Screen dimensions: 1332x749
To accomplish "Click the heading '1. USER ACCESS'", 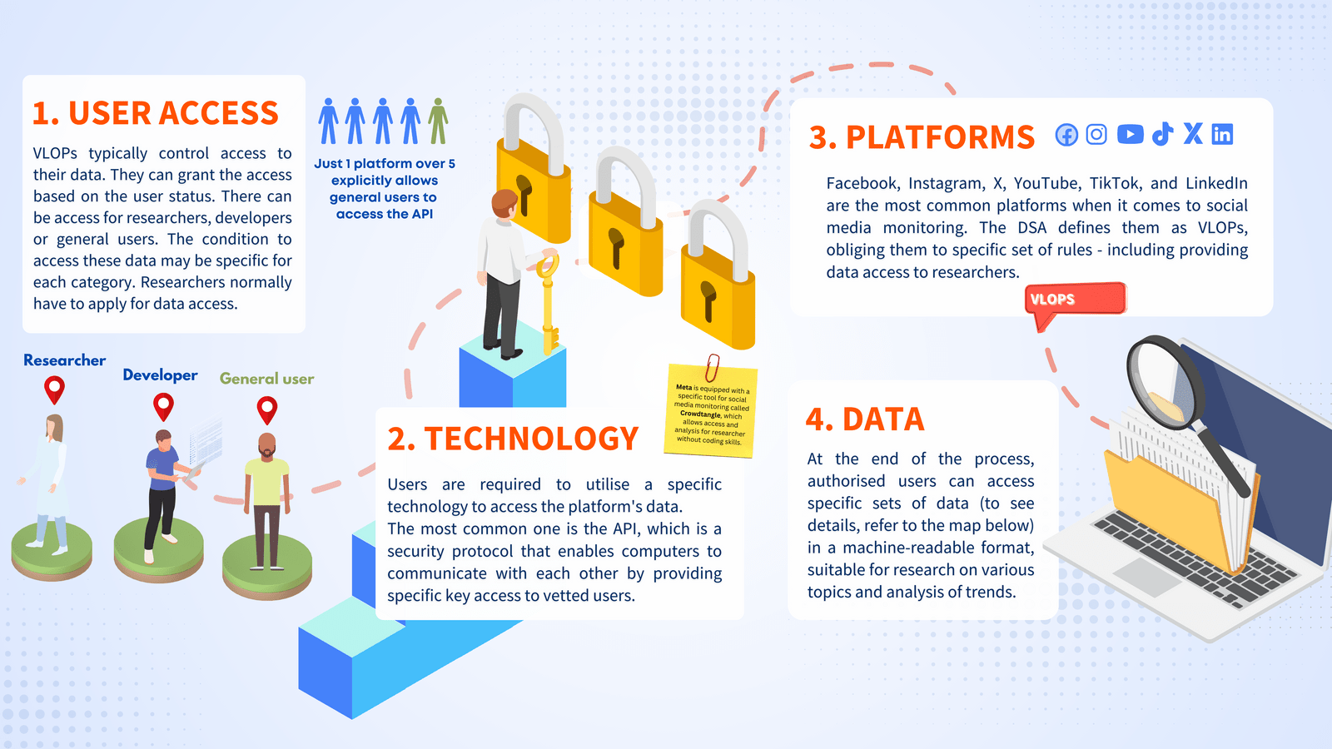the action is coord(156,113).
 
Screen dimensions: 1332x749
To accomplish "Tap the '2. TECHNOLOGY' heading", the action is coord(513,439).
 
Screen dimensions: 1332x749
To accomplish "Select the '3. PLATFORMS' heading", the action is coord(922,137).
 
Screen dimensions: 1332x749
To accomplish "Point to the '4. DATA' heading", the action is coord(865,419).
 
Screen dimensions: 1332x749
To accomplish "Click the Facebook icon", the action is coord(1066,135).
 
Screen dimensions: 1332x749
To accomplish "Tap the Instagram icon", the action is coord(1096,134).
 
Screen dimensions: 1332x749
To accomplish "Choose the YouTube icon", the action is coord(1130,134).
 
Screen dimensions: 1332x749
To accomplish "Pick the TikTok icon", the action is coord(1162,134).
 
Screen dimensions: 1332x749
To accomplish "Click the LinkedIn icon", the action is coord(1222,134).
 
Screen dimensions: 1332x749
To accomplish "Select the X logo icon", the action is coord(1193,133).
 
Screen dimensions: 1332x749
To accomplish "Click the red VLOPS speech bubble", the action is coord(1075,300).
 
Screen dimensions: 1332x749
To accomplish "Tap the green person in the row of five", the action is coord(438,122).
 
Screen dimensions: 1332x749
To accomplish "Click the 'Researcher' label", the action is coord(64,360).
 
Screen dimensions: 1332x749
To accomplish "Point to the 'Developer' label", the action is coord(160,375).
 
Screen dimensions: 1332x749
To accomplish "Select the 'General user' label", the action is coord(266,379).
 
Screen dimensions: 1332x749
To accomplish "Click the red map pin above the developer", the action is coord(164,405).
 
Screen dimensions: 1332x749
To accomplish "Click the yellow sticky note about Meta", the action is coord(711,413).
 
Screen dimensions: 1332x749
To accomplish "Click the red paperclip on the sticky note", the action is coord(712,367).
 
